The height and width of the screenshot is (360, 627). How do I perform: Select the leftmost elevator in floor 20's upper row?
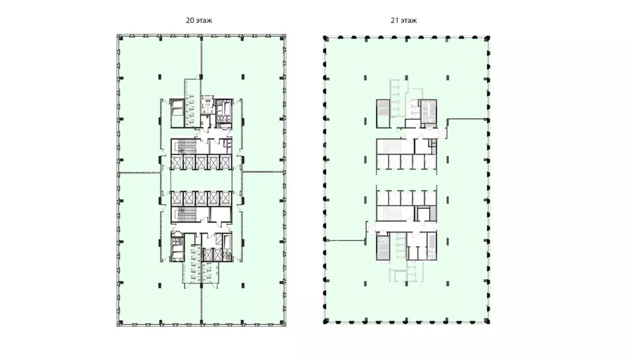pyautogui.click(x=176, y=163)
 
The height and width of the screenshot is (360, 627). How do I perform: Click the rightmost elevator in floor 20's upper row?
pyautogui.click(x=225, y=163)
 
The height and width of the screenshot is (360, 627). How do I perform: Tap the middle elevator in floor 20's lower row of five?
pyautogui.click(x=201, y=197)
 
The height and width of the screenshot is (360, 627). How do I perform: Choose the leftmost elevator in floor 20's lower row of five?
pyautogui.click(x=176, y=197)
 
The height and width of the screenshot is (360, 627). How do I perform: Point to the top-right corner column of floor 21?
pyautogui.click(x=487, y=38)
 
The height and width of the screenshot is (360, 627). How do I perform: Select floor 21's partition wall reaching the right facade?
pyautogui.click(x=468, y=119)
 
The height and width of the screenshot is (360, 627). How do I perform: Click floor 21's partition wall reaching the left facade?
pyautogui.click(x=345, y=240)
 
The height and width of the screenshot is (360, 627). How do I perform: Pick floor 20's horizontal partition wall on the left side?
pyautogui.click(x=139, y=172)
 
